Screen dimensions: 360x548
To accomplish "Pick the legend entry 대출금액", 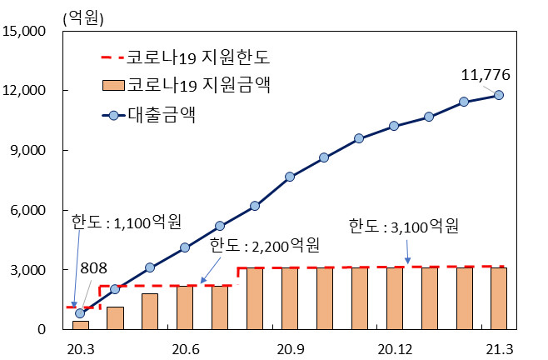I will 163,114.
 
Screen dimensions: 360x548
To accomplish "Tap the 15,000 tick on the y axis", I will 29,32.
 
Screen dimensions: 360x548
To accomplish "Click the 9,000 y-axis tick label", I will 32,151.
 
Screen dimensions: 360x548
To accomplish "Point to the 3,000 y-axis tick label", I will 32,270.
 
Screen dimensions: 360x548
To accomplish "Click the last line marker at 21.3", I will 499,95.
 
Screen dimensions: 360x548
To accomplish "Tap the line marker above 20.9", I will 290,177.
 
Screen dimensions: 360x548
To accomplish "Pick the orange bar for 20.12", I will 394,298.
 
